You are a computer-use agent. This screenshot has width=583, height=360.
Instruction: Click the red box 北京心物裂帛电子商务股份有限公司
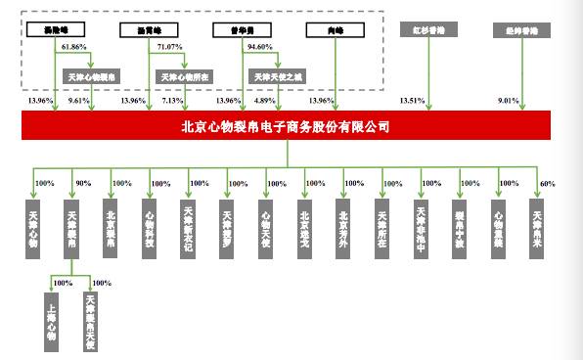click(285, 126)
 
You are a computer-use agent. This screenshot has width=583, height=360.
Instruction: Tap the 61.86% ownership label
click(74, 46)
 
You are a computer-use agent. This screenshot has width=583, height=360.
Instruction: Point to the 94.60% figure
click(259, 46)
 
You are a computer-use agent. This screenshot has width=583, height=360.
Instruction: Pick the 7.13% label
click(171, 100)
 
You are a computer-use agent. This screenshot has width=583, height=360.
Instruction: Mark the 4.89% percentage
click(265, 100)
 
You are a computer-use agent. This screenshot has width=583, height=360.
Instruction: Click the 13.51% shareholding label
click(413, 100)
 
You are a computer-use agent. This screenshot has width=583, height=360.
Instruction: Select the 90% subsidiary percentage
click(83, 183)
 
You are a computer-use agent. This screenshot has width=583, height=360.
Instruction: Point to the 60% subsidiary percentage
click(548, 183)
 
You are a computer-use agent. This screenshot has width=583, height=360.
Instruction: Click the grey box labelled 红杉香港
click(423, 29)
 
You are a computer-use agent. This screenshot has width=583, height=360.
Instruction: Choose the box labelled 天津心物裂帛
click(92, 74)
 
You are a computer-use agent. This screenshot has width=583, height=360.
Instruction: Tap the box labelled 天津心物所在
click(184, 74)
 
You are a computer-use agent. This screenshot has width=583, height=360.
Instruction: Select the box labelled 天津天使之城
click(278, 74)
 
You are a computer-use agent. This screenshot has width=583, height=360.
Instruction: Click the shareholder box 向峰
click(325, 29)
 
